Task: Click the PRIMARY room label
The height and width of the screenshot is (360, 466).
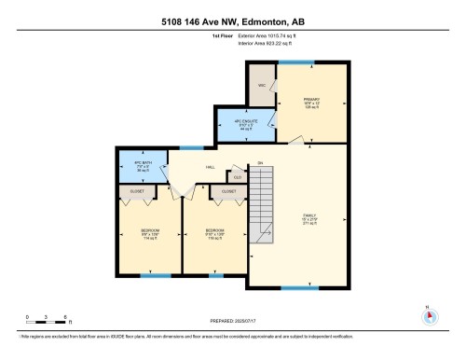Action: (312, 101)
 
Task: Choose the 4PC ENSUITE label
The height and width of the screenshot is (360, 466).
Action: (245, 124)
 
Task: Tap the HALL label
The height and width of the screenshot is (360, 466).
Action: (199, 169)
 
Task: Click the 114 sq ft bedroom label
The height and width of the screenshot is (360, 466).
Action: (148, 233)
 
